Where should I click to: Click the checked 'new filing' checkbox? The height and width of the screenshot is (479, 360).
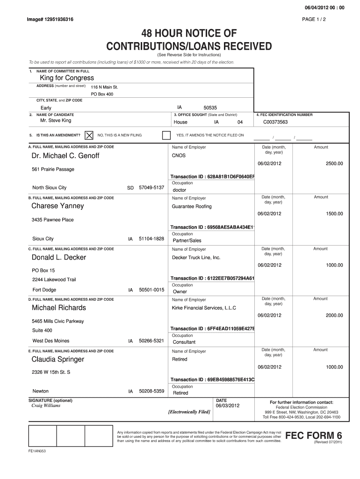88,135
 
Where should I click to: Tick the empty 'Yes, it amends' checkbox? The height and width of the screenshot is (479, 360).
166,135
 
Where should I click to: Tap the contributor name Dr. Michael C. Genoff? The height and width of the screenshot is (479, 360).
65,155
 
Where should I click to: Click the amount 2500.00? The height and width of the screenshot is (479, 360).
334,163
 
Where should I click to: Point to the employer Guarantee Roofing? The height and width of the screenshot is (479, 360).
192,206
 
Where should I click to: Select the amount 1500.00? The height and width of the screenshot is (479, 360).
334,214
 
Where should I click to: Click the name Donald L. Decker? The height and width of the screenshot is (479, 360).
58,257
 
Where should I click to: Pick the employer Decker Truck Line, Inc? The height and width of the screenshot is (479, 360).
196,257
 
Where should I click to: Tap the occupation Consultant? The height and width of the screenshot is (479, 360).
184,342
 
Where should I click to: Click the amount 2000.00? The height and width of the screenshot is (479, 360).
334,315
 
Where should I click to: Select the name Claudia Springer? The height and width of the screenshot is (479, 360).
58,359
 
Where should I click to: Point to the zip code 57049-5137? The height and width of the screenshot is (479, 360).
151,188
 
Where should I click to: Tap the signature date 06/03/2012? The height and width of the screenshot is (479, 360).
227,406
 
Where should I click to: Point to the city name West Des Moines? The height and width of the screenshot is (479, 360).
50,341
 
